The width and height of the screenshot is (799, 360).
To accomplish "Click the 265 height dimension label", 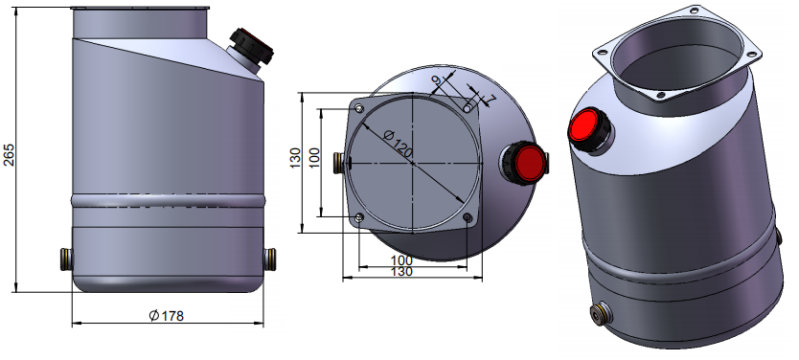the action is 9,155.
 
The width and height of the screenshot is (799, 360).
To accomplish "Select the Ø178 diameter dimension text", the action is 167,316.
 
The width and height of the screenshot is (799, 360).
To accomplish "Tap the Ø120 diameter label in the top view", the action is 399,144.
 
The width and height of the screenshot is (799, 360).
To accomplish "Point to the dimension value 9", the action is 436,80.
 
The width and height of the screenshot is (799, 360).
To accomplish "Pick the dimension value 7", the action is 491,99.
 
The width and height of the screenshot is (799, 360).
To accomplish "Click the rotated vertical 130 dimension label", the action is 295,158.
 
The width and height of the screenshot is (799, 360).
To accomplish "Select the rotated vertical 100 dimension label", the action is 314,158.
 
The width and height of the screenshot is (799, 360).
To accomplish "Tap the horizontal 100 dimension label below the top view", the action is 401,261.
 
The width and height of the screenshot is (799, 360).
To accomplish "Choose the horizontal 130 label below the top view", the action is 401,272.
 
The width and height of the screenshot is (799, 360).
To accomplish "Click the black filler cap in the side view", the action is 251,46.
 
